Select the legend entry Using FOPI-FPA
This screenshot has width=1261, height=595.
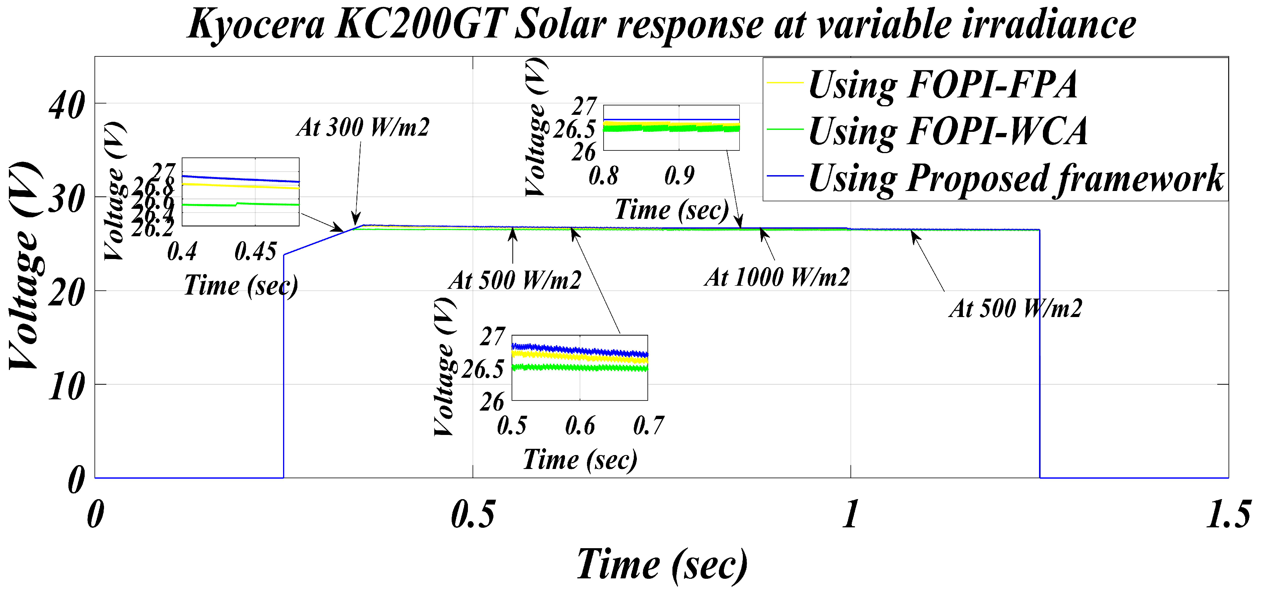click(x=942, y=85)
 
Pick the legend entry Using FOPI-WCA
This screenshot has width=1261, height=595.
click(x=947, y=131)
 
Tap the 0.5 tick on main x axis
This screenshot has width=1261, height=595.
click(x=473, y=514)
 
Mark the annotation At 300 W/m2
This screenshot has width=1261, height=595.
click(x=363, y=128)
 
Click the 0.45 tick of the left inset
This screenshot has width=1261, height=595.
click(x=255, y=252)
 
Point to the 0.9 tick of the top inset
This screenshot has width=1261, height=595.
click(x=679, y=175)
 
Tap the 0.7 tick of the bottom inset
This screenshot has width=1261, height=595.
click(x=648, y=425)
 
